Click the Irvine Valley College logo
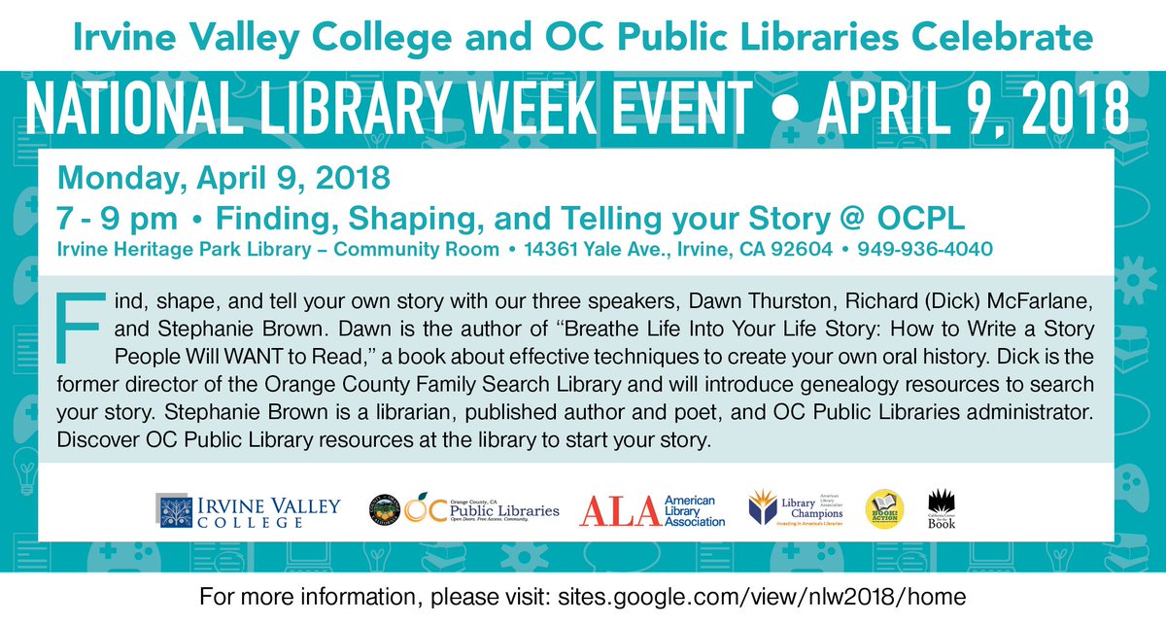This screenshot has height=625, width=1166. (x=249, y=508)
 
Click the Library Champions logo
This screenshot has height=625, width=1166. (x=795, y=507)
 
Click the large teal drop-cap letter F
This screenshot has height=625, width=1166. (x=80, y=323)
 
